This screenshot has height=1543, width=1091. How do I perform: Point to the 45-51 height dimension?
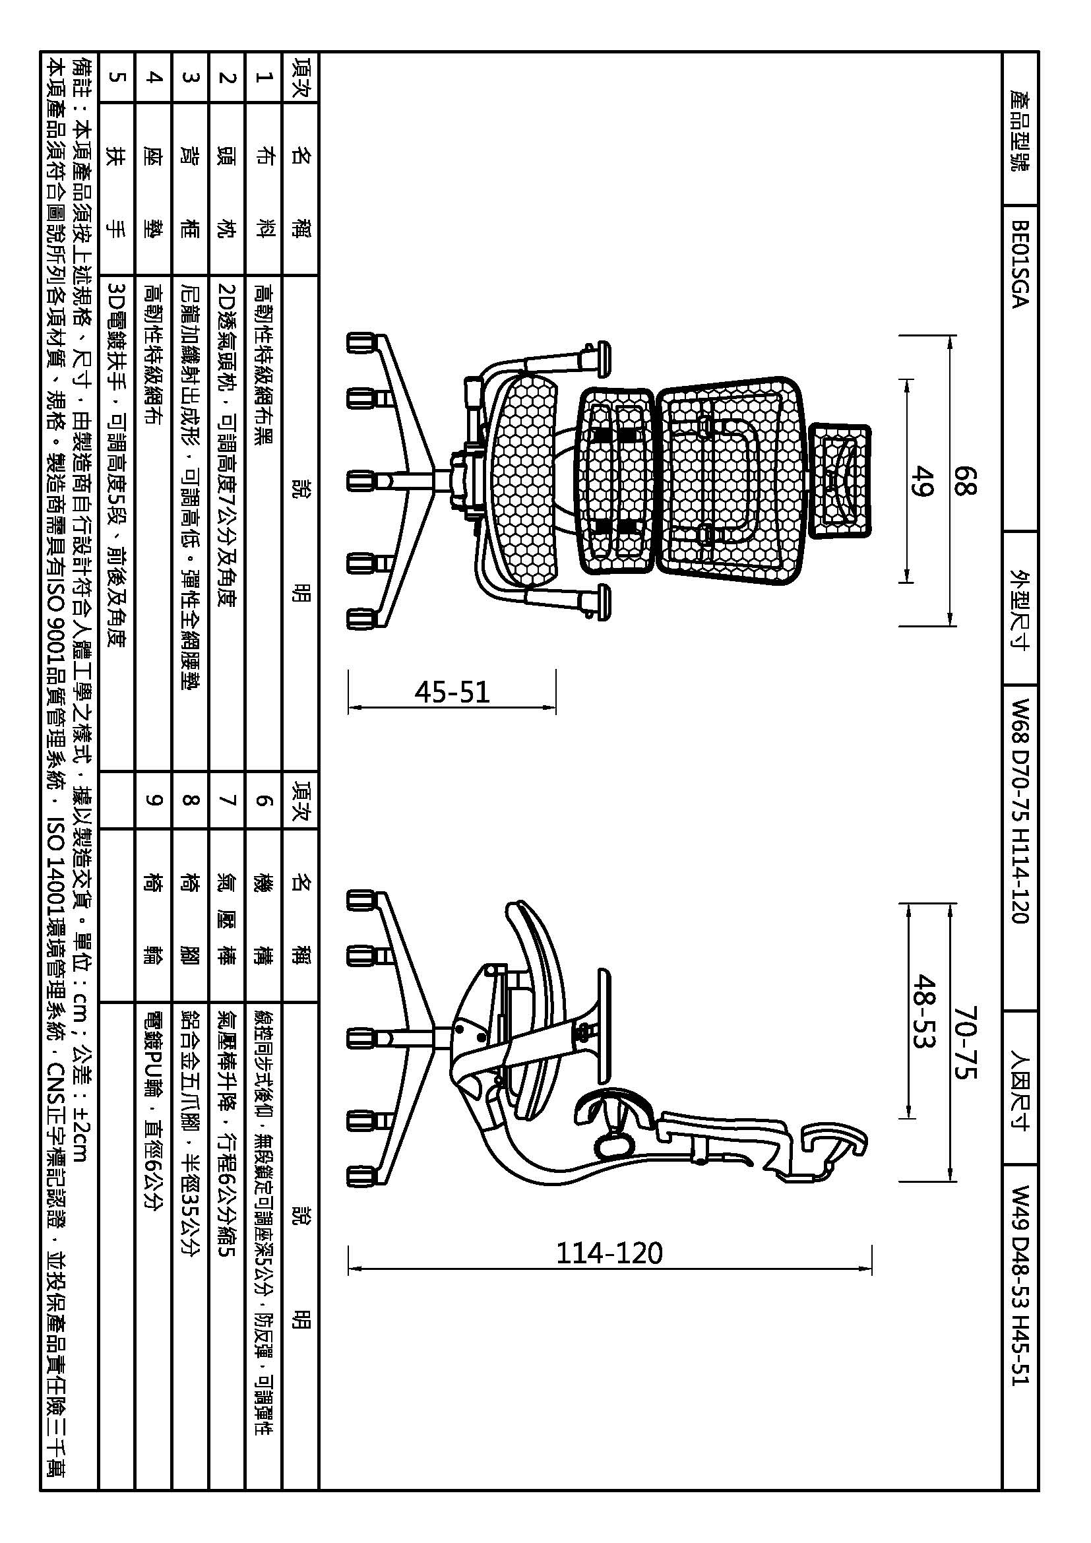[452, 691]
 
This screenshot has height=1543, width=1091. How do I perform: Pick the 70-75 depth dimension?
[964, 1043]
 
